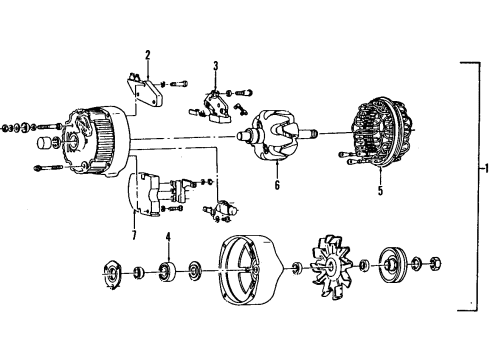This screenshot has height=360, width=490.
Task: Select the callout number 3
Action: click(215, 68)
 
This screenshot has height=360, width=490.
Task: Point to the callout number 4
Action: click(168, 237)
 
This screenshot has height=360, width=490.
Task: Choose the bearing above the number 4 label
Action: click(168, 269)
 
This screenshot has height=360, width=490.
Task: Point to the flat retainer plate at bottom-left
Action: click(113, 271)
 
